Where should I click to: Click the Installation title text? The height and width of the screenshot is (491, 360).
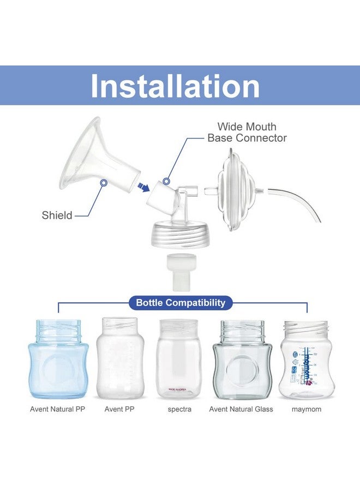point(175,86)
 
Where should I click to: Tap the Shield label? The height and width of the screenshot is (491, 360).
point(57,215)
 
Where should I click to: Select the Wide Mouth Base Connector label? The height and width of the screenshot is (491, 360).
point(247,133)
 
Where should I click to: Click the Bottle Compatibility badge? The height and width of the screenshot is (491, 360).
point(181,302)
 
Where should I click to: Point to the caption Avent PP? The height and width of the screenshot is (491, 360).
point(119,409)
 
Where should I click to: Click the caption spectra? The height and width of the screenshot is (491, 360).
point(179,409)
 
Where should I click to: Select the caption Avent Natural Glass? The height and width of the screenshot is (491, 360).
point(241,409)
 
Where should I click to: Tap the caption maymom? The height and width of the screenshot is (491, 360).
point(307,409)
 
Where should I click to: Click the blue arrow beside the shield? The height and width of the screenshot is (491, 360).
point(143,188)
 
